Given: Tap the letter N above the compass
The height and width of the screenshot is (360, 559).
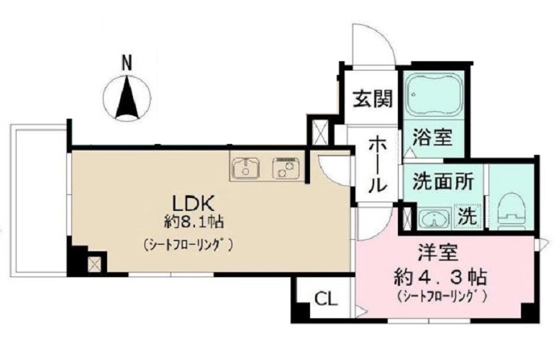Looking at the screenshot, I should (x=127, y=64).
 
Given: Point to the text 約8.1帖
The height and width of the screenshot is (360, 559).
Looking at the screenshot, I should (x=188, y=221).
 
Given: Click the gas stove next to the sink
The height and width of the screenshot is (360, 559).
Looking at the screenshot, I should (x=286, y=168).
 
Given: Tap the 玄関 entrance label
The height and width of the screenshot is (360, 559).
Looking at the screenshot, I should (x=371, y=98).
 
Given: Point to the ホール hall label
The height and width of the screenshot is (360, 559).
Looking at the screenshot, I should (x=377, y=164).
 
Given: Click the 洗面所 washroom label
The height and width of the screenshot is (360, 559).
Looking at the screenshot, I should (x=442, y=181).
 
